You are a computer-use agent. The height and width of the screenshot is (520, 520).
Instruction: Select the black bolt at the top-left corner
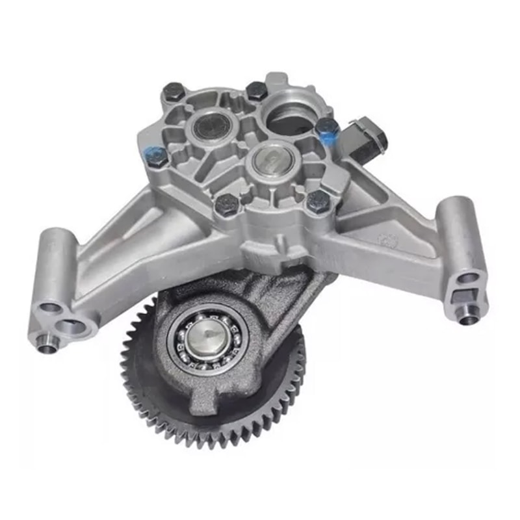point(174,93)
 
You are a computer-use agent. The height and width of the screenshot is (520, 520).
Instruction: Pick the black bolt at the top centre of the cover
point(256,90)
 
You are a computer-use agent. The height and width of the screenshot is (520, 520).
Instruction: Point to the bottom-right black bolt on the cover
point(317,201)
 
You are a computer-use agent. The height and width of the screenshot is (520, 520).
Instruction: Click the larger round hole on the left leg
point(73,327)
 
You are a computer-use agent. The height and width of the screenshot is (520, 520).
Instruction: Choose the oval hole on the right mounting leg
point(469,278)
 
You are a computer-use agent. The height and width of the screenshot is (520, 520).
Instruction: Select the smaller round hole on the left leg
point(50,307)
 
